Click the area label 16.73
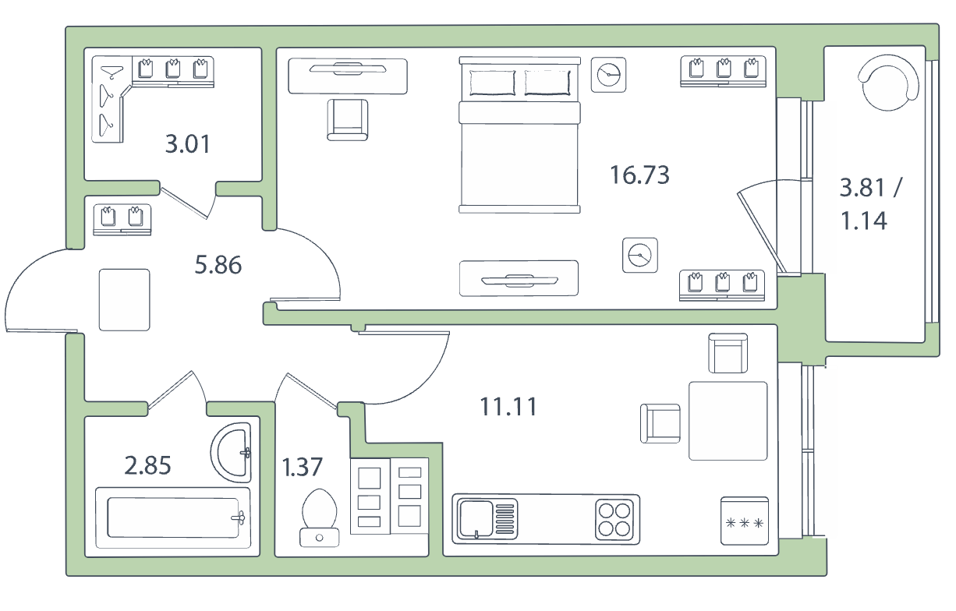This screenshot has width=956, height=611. (639, 175)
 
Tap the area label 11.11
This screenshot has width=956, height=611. (508, 406)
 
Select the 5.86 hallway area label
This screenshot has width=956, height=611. (218, 265)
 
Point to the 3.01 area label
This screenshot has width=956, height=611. (188, 144)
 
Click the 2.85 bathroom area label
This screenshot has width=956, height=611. (148, 466)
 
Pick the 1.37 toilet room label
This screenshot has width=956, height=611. (302, 467)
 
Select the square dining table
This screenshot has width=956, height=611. (728, 420)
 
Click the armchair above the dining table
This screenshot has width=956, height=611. (728, 353)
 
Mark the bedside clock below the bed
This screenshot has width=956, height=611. (640, 255)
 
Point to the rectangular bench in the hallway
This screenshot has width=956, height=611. (125, 299)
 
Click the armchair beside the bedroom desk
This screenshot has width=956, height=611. (347, 119)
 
